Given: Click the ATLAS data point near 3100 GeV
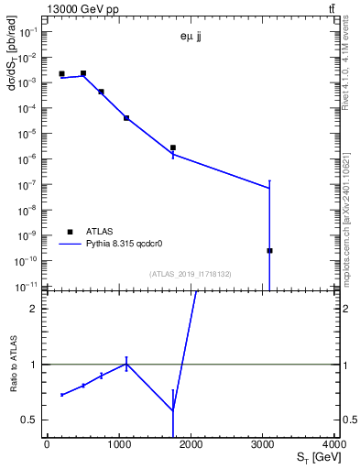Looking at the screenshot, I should (269, 250).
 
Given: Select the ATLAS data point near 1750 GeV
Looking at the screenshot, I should (172, 147).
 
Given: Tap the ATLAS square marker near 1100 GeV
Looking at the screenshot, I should (126, 117).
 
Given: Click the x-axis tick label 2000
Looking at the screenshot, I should (190, 444).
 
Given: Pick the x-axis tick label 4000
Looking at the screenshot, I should (333, 444).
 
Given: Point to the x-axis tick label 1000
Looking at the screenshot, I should (118, 444).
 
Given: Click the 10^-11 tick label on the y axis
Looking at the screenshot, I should (29, 286).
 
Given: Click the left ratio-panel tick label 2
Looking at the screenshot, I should (35, 308).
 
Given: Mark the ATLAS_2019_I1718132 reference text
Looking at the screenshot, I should (191, 274).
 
